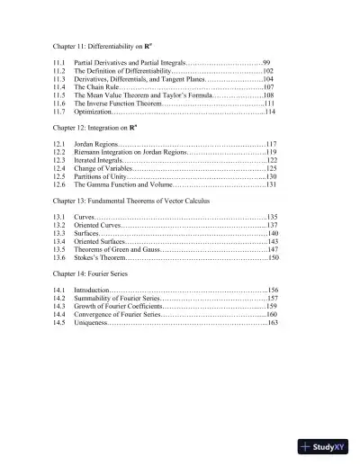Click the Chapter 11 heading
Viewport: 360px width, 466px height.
point(113,43)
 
